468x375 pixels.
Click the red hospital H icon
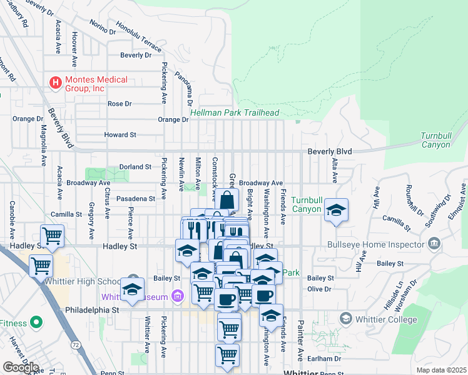[x=55, y=82]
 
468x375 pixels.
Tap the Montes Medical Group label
[x=96, y=84]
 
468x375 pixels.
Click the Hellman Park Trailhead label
[x=235, y=113]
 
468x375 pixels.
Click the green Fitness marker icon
[x=36, y=323]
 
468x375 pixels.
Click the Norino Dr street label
[x=103, y=27]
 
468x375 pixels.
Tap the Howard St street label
[x=120, y=134]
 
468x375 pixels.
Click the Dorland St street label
[x=136, y=167]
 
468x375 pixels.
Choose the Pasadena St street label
[x=136, y=199]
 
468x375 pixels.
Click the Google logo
[x=21, y=367]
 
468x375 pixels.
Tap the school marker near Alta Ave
[x=336, y=211]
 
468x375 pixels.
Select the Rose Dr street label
[x=120, y=104]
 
